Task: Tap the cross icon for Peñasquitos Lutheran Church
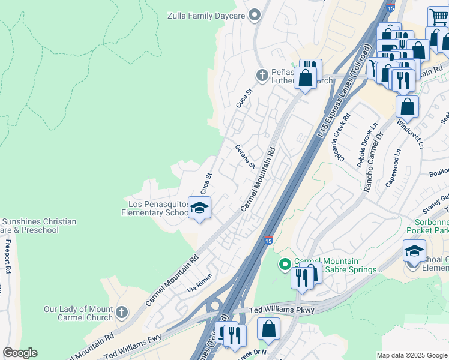262,75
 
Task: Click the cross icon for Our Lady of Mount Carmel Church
122,312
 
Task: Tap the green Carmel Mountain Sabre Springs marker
285,264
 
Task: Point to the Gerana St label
246,157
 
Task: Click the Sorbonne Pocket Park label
427,225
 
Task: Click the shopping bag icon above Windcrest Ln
407,107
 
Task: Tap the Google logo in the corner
19,353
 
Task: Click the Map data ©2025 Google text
411,355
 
